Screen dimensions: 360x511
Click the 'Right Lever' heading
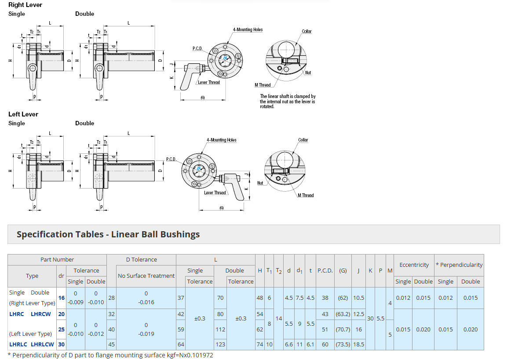[x=26, y=5]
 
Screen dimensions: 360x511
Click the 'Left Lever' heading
[x=23, y=114]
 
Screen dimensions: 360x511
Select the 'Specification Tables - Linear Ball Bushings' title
[x=108, y=234]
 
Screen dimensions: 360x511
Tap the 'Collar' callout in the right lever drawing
[x=307, y=32]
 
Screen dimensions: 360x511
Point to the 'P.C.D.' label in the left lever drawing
[x=171, y=159]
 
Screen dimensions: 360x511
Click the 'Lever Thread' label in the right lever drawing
[x=208, y=83]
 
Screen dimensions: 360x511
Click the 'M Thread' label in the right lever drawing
[x=263, y=85]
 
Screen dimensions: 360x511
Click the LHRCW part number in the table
[x=41, y=314]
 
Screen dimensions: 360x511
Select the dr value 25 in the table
[x=62, y=329]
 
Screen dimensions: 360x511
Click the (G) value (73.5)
[x=343, y=345]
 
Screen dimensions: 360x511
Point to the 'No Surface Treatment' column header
[x=146, y=276]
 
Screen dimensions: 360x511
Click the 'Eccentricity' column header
[x=414, y=265]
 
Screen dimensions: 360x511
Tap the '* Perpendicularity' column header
[x=459, y=265]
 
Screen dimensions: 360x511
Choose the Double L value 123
[x=220, y=345]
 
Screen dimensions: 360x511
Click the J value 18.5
[x=359, y=345]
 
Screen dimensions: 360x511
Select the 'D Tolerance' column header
[x=141, y=260]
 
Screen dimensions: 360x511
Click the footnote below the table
[x=110, y=355]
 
